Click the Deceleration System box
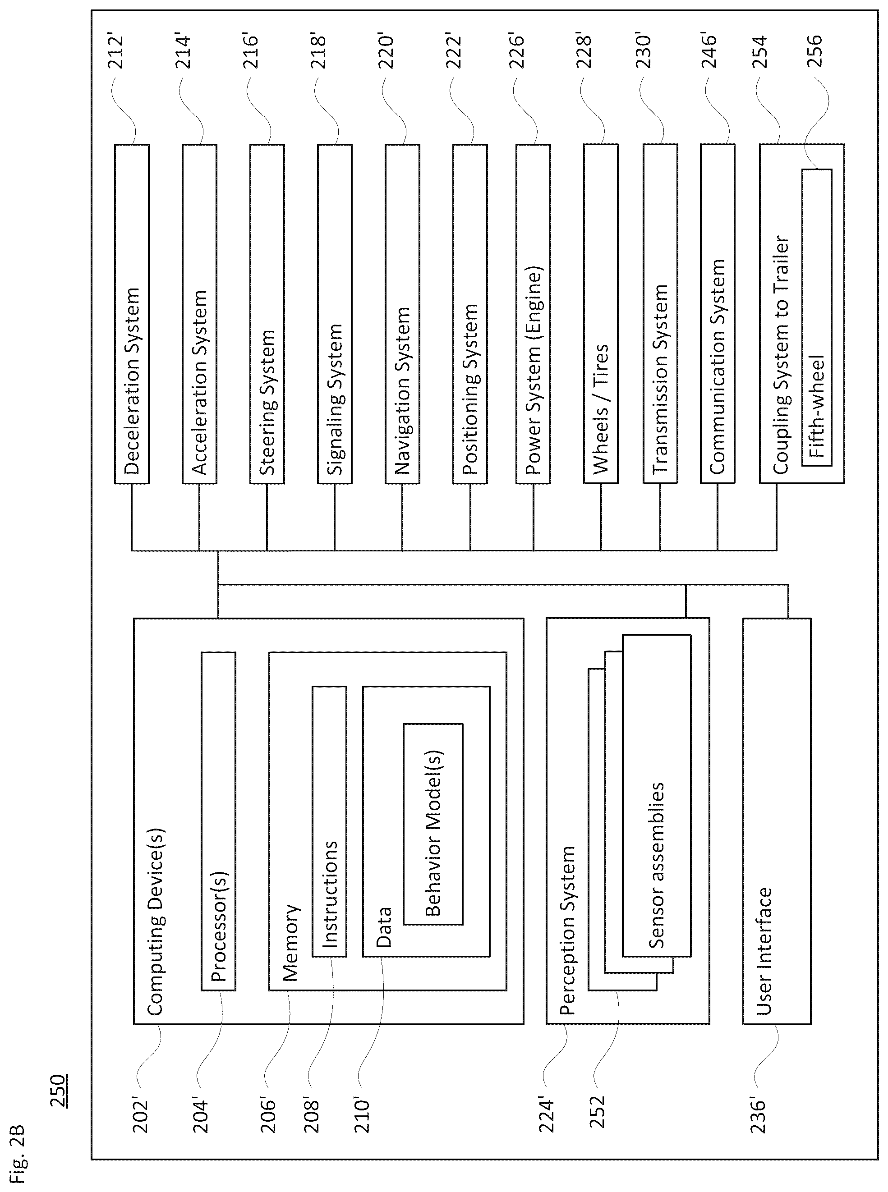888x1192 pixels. tap(132, 314)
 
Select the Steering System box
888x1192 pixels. tap(267, 314)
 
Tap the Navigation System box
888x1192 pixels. tap(403, 314)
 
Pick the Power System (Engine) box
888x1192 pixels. tap(533, 314)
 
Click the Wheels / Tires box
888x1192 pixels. tap(601, 314)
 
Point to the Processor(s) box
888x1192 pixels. tap(218, 821)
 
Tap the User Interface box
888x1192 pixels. tap(777, 821)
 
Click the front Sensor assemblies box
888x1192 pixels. tap(656, 795)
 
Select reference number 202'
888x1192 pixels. tap(141, 1116)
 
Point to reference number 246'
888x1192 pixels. tap(709, 51)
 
